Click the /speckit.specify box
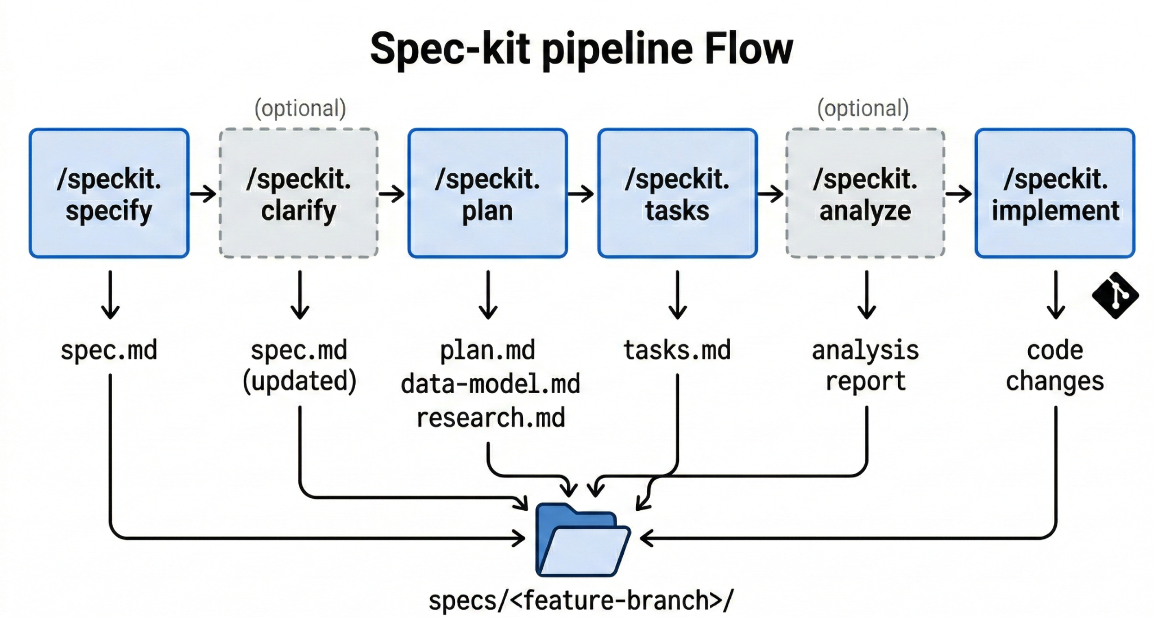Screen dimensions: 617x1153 (109, 193)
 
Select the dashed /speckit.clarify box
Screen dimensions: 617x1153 (298, 193)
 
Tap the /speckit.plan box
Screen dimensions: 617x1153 (488, 193)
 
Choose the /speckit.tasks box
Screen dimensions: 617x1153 (677, 193)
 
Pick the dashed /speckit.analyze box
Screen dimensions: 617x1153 (865, 193)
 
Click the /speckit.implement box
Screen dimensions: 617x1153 (1055, 193)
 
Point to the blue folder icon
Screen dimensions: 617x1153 (583, 540)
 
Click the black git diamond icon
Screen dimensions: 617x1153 (1115, 295)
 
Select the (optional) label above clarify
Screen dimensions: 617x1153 (300, 108)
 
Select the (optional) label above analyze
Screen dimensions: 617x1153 (863, 108)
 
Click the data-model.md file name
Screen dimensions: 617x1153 (490, 384)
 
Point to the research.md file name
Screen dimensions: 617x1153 (490, 418)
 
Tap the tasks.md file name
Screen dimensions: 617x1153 (677, 350)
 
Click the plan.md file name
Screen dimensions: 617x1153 (488, 350)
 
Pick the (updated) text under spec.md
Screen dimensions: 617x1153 (300, 381)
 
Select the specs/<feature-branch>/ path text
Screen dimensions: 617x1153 (581, 600)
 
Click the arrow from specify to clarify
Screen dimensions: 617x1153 (203, 193)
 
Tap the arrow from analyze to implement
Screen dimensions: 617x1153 (959, 193)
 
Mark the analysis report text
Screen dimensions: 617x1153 (865, 366)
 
